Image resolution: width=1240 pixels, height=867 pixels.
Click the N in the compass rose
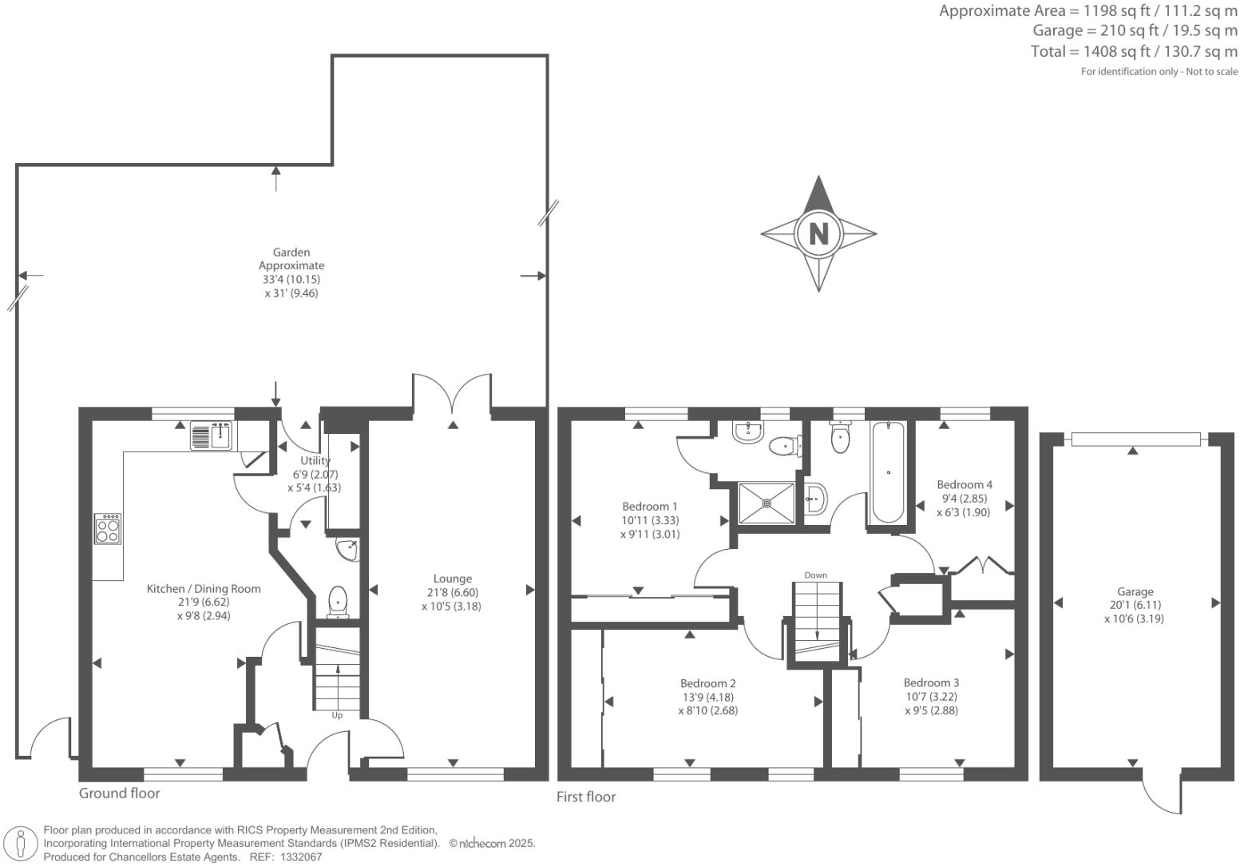click(818, 234)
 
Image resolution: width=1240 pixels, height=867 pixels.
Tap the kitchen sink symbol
click(211, 436)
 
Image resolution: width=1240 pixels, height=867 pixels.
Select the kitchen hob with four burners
click(108, 529)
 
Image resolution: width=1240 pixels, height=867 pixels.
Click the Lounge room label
click(453, 579)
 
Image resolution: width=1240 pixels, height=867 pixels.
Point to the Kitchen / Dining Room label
click(204, 589)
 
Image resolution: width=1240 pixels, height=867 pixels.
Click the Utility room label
click(315, 461)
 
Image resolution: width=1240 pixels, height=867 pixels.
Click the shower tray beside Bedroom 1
click(767, 503)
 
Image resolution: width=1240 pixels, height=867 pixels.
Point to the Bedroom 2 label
click(707, 683)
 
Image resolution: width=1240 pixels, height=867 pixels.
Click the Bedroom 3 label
click(931, 682)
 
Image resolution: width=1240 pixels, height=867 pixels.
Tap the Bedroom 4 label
click(965, 484)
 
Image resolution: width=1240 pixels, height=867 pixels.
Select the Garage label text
click(1135, 592)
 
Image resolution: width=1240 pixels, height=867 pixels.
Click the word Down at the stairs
click(815, 575)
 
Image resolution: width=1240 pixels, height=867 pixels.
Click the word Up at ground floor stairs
click(337, 715)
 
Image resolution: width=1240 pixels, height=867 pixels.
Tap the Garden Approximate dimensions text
click(291, 272)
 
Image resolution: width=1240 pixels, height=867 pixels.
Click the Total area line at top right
click(1134, 52)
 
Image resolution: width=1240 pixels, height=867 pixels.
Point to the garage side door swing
click(1162, 795)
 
